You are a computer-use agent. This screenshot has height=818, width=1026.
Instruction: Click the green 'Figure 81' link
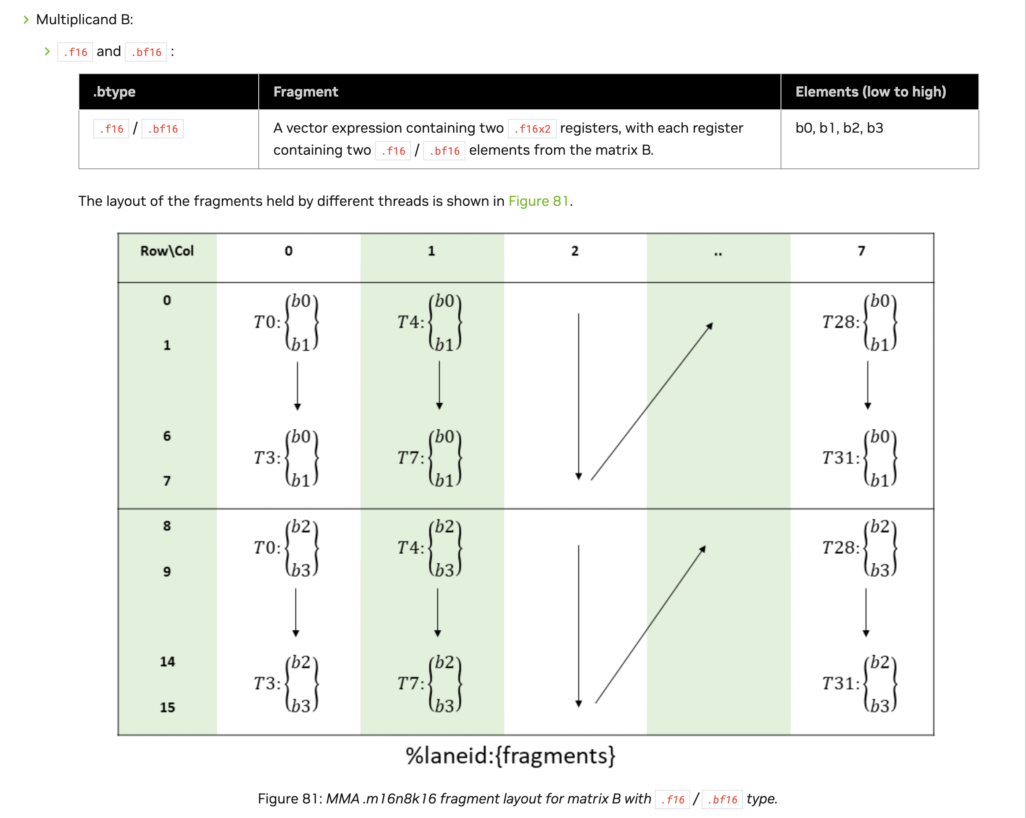click(x=538, y=201)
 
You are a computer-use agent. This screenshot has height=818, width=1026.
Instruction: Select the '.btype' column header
click(x=114, y=92)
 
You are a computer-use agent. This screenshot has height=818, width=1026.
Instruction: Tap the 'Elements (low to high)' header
click(x=870, y=92)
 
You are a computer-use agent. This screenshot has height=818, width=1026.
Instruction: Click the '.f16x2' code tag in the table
click(x=532, y=129)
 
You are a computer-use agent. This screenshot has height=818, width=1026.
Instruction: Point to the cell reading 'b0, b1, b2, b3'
click(x=839, y=128)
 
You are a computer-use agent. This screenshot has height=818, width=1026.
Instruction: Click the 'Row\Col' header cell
click(x=167, y=251)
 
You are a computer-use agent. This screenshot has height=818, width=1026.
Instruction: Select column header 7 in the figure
click(x=861, y=251)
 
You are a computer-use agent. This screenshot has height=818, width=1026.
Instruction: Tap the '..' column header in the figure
click(x=718, y=253)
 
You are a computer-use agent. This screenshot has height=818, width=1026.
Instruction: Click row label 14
click(x=167, y=662)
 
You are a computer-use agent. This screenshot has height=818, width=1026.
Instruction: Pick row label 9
click(x=167, y=571)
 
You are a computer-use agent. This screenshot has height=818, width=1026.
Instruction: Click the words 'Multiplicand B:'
click(x=85, y=19)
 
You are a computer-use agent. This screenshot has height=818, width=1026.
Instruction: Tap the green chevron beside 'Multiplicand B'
click(x=26, y=19)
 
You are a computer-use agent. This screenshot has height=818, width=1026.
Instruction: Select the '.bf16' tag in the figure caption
click(x=722, y=799)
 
